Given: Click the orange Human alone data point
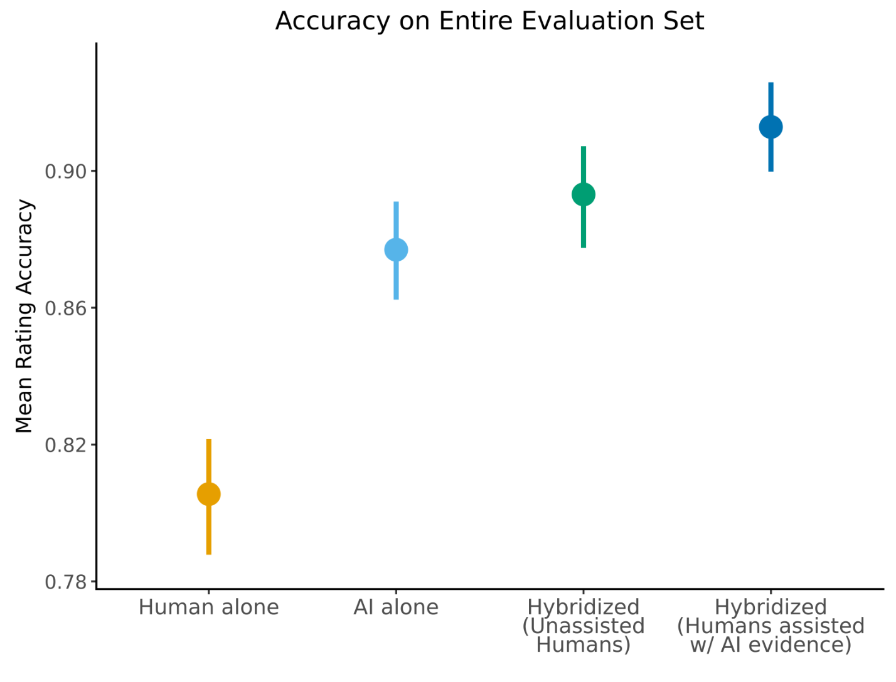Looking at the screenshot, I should pyautogui.click(x=208, y=494).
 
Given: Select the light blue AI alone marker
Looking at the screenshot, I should pyautogui.click(x=396, y=249).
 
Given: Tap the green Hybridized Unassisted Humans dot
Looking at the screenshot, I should pyautogui.click(x=584, y=195).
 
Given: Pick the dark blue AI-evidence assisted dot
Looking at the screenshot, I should pyautogui.click(x=771, y=127).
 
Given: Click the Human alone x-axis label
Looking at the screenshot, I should pyautogui.click(x=208, y=607).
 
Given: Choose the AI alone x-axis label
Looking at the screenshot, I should pyautogui.click(x=396, y=607).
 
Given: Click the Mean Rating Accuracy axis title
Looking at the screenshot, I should pyautogui.click(x=24, y=316).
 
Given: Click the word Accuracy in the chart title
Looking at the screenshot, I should pyautogui.click(x=333, y=21).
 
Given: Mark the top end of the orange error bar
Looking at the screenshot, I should pyautogui.click(x=208, y=440).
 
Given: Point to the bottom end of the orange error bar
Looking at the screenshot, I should pyautogui.click(x=208, y=553).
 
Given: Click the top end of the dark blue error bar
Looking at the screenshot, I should pyautogui.click(x=771, y=83).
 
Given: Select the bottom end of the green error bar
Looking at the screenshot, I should pyautogui.click(x=584, y=246).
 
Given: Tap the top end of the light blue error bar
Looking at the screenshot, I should pyautogui.click(x=396, y=202).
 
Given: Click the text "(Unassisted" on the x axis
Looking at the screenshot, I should pyautogui.click(x=584, y=626).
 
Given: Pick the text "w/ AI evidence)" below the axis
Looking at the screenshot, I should pyautogui.click(x=771, y=645).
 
